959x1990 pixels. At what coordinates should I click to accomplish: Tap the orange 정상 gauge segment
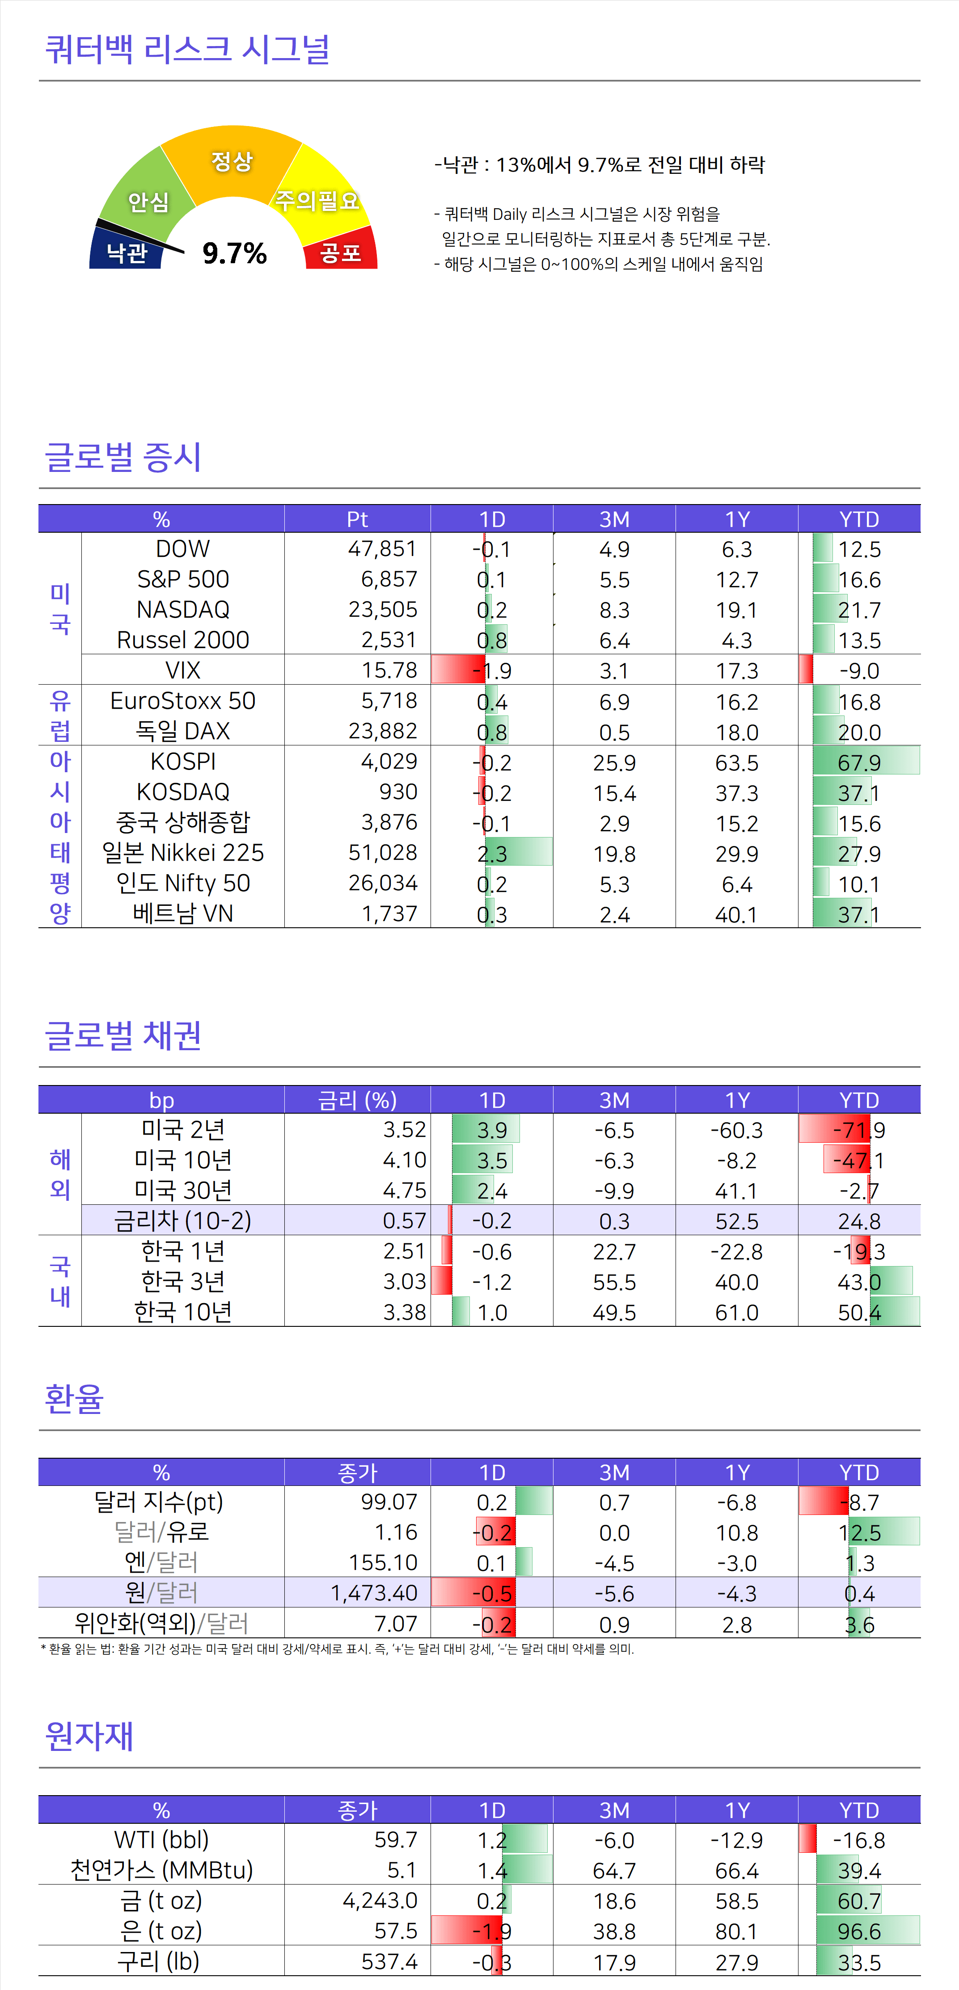(232, 161)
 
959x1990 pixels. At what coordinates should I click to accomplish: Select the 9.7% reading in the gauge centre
(234, 252)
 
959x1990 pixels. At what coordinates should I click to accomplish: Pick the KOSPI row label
(183, 762)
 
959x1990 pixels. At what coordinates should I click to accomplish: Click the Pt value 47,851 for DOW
(382, 548)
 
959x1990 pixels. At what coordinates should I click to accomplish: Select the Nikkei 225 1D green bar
(518, 853)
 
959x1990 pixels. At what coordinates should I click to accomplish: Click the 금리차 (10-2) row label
(183, 1220)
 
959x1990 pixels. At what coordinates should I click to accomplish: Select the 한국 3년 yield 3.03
(404, 1282)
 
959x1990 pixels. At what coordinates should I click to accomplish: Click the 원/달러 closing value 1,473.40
(374, 1593)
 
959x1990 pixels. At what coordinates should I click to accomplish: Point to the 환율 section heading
(74, 1398)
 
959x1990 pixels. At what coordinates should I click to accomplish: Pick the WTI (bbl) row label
(161, 1839)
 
